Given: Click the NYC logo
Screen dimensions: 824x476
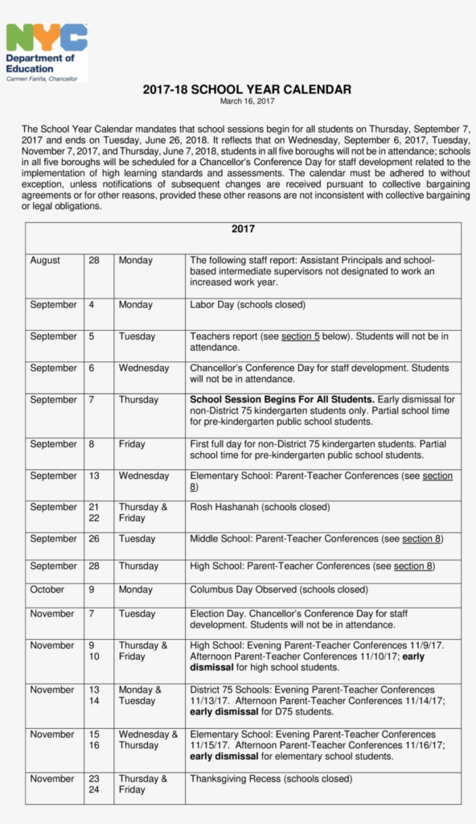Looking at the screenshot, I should (x=46, y=38).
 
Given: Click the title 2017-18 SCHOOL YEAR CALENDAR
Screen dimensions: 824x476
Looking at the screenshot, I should (x=247, y=89).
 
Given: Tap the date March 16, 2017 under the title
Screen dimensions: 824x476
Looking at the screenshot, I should (x=247, y=101).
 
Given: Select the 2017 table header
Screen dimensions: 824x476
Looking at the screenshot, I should (x=243, y=229).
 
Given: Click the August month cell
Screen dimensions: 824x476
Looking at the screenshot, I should (x=45, y=261).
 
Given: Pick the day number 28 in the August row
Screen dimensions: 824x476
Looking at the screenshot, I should (x=94, y=261).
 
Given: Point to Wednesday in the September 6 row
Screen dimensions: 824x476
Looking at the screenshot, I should (x=144, y=368).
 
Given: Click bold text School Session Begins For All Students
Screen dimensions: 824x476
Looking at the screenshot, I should (x=282, y=399).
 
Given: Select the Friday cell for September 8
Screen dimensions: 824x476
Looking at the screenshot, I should (x=132, y=444).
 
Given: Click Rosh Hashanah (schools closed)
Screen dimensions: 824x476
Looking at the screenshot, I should (x=260, y=507).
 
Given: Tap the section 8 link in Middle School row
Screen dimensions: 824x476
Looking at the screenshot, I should (x=421, y=538).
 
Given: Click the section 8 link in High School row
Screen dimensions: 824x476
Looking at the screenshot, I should (x=412, y=566).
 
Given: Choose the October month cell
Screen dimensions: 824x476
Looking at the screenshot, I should (x=47, y=590).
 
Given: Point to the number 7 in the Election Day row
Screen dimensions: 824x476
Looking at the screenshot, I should (x=91, y=614).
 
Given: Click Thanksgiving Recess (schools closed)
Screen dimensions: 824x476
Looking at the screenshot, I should (x=270, y=779).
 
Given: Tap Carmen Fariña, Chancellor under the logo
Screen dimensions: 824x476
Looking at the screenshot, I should (x=42, y=78).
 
